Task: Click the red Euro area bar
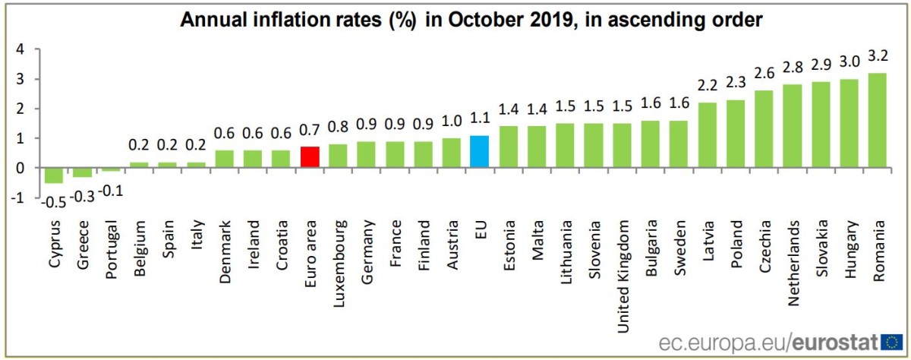coord(309,157)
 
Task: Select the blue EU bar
coord(480,151)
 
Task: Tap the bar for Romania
coord(878,120)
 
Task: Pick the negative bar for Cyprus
coord(54,175)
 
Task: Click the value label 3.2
coord(878,55)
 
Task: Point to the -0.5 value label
coord(53,201)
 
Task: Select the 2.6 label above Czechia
coord(764,74)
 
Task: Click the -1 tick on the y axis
coord(17,197)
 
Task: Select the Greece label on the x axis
coord(83,244)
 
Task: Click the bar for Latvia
coord(707,135)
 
